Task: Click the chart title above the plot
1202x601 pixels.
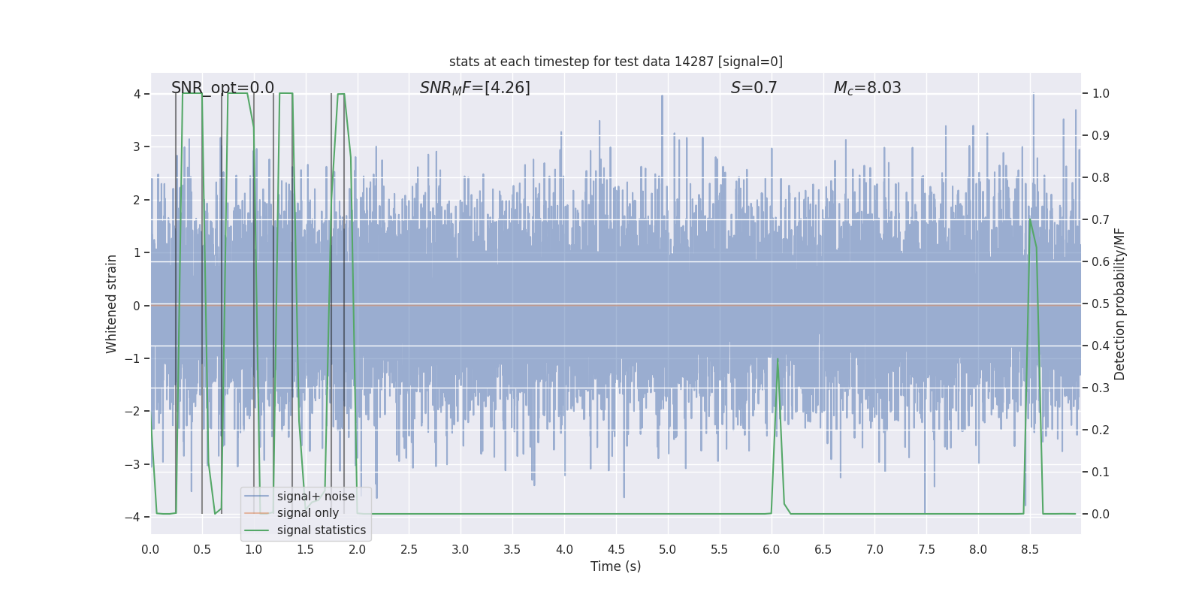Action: coord(615,62)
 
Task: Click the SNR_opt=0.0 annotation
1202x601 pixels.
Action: coord(222,88)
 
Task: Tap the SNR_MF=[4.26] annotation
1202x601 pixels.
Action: coord(475,88)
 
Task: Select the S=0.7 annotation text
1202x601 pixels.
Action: coord(754,88)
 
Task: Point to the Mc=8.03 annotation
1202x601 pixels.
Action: coord(867,88)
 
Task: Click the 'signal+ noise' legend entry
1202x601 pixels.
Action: coord(316,497)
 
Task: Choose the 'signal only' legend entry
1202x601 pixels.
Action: coord(307,513)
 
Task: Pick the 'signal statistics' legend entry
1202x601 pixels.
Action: coord(321,530)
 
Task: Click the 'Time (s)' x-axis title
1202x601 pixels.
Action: coord(615,566)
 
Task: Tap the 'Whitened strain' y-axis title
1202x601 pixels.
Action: coord(112,304)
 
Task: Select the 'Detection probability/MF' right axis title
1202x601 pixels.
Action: coord(1119,304)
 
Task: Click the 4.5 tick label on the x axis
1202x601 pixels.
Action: coord(615,550)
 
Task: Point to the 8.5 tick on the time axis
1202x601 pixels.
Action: coord(1029,550)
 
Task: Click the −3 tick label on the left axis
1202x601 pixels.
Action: coord(136,464)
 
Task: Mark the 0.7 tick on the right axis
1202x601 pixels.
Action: coord(1101,220)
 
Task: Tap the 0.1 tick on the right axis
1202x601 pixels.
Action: coord(1101,473)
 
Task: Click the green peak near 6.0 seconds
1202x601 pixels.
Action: coord(778,360)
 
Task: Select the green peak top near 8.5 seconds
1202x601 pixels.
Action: coord(1029,219)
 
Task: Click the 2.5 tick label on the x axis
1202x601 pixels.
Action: coord(409,550)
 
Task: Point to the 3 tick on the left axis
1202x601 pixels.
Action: coord(137,146)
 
